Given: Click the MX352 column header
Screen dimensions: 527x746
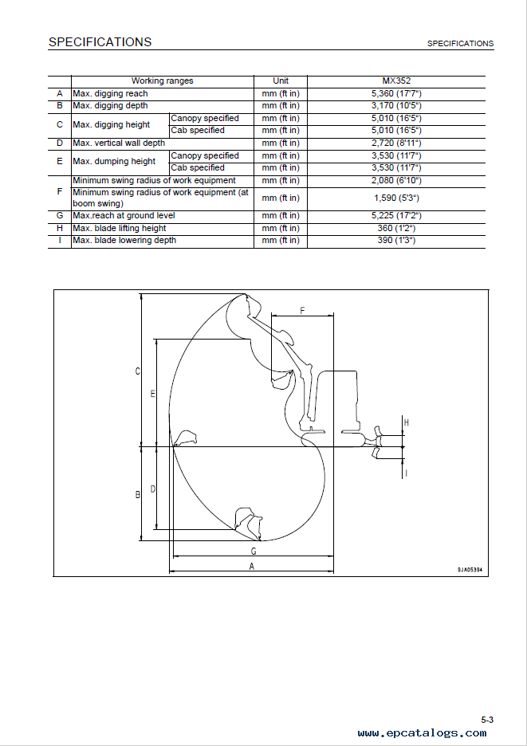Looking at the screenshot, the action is tap(396, 80).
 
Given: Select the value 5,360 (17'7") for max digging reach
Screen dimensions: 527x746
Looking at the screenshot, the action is tap(396, 94).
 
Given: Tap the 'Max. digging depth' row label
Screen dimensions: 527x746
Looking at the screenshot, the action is tap(111, 106).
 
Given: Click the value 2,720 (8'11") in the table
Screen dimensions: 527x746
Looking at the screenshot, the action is tap(396, 143).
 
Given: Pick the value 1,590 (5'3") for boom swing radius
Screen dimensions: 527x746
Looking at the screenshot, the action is tap(396, 198).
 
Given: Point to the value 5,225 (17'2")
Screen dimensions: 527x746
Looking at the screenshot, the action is tap(396, 216).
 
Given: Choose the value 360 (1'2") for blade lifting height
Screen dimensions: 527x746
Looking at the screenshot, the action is tap(396, 229).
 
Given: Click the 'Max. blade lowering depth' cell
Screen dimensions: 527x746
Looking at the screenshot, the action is tap(124, 240).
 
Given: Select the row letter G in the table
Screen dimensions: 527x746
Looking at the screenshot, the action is tap(60, 216).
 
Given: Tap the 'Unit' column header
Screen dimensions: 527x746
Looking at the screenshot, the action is tap(281, 80).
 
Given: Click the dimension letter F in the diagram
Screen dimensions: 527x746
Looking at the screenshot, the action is tap(302, 311).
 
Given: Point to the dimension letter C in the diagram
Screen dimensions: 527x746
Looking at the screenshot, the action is tap(138, 371).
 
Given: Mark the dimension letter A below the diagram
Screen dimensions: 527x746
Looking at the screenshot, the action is tap(252, 566).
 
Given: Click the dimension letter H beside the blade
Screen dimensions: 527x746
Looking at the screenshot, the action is tap(406, 422).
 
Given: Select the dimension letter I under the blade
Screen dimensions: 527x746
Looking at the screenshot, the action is tap(406, 473).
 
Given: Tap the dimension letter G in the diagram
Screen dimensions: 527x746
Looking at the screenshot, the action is tap(254, 551).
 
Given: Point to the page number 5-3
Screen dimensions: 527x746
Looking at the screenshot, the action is tap(487, 720).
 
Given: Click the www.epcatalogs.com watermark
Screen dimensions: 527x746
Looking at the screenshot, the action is tap(423, 733).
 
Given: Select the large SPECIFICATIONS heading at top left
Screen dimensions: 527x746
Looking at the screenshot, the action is tap(100, 42).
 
